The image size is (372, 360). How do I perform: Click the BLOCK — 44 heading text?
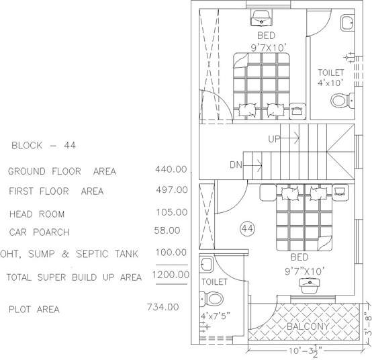pyautogui.click(x=43, y=145)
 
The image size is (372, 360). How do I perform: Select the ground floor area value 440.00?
pyautogui.click(x=171, y=169)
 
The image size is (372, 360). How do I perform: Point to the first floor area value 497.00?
pyautogui.click(x=171, y=190)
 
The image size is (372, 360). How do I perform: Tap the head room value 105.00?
pyautogui.click(x=171, y=212)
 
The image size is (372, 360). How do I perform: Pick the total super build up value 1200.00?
pyautogui.click(x=171, y=275)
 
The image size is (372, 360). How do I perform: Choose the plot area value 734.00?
pyautogui.click(x=162, y=307)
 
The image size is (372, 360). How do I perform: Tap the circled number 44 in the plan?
pyautogui.click(x=246, y=229)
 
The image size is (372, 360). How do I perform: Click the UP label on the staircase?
pyautogui.click(x=274, y=139)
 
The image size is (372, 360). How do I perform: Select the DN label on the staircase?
pyautogui.click(x=236, y=164)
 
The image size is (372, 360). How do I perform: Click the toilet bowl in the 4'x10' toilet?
pyautogui.click(x=340, y=101)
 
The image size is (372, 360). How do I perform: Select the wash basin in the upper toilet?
pyautogui.click(x=346, y=24)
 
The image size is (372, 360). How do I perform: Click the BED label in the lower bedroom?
pyautogui.click(x=301, y=257)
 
